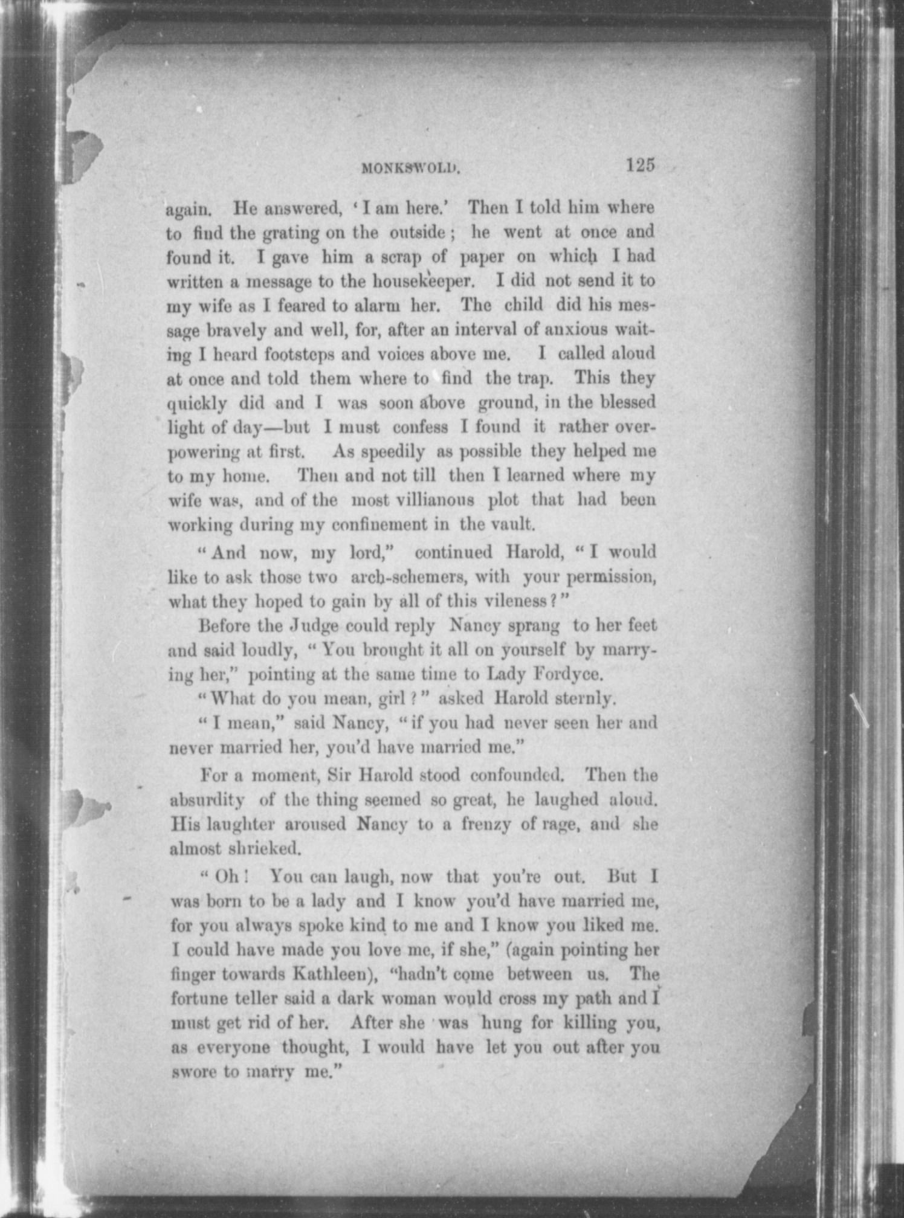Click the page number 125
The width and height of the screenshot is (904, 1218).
point(641,165)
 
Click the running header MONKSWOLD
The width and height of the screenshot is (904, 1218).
point(411,169)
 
